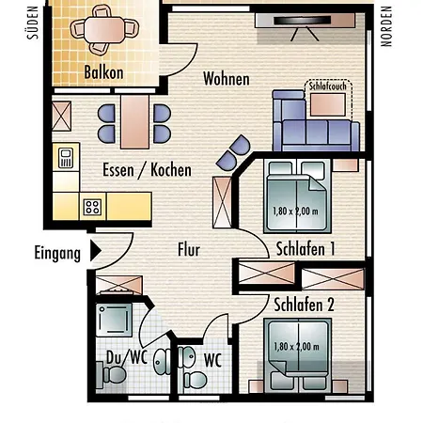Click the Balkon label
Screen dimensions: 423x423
(x=103, y=72)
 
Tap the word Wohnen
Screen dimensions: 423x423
(x=227, y=78)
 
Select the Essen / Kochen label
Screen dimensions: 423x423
(x=147, y=170)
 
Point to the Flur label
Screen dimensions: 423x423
(x=189, y=250)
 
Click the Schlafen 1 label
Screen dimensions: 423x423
(x=305, y=249)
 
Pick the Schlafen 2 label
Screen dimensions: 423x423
(x=304, y=305)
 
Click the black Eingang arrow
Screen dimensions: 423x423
(x=96, y=251)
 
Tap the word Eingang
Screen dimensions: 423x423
(x=57, y=253)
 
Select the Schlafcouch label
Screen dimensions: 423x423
(x=328, y=86)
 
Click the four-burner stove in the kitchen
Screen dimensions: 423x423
(x=92, y=207)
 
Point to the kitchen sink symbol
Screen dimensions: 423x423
(x=66, y=157)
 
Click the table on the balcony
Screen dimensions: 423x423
(x=104, y=30)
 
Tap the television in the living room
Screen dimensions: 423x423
(x=303, y=21)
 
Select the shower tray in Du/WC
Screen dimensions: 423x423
(x=114, y=320)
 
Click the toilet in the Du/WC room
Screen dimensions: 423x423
(x=112, y=375)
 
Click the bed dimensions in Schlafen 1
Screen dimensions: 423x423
(x=295, y=211)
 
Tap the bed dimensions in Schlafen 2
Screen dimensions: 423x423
(x=296, y=347)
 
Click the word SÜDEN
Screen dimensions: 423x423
(x=33, y=23)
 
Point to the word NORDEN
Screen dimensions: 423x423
(x=386, y=26)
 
